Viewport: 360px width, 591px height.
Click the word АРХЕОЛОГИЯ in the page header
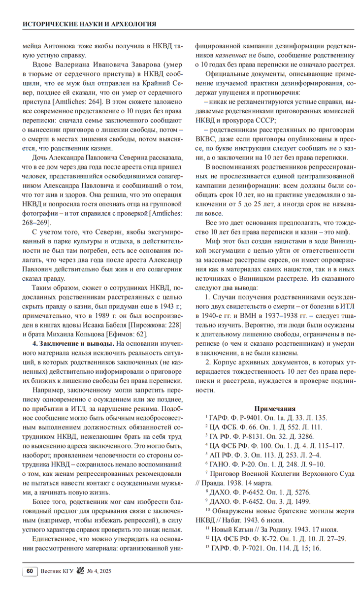(x=132, y=24)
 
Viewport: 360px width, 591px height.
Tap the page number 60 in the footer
(x=30, y=571)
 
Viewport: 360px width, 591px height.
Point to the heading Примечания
(x=274, y=408)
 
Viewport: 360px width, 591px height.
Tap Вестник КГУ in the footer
(x=55, y=571)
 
